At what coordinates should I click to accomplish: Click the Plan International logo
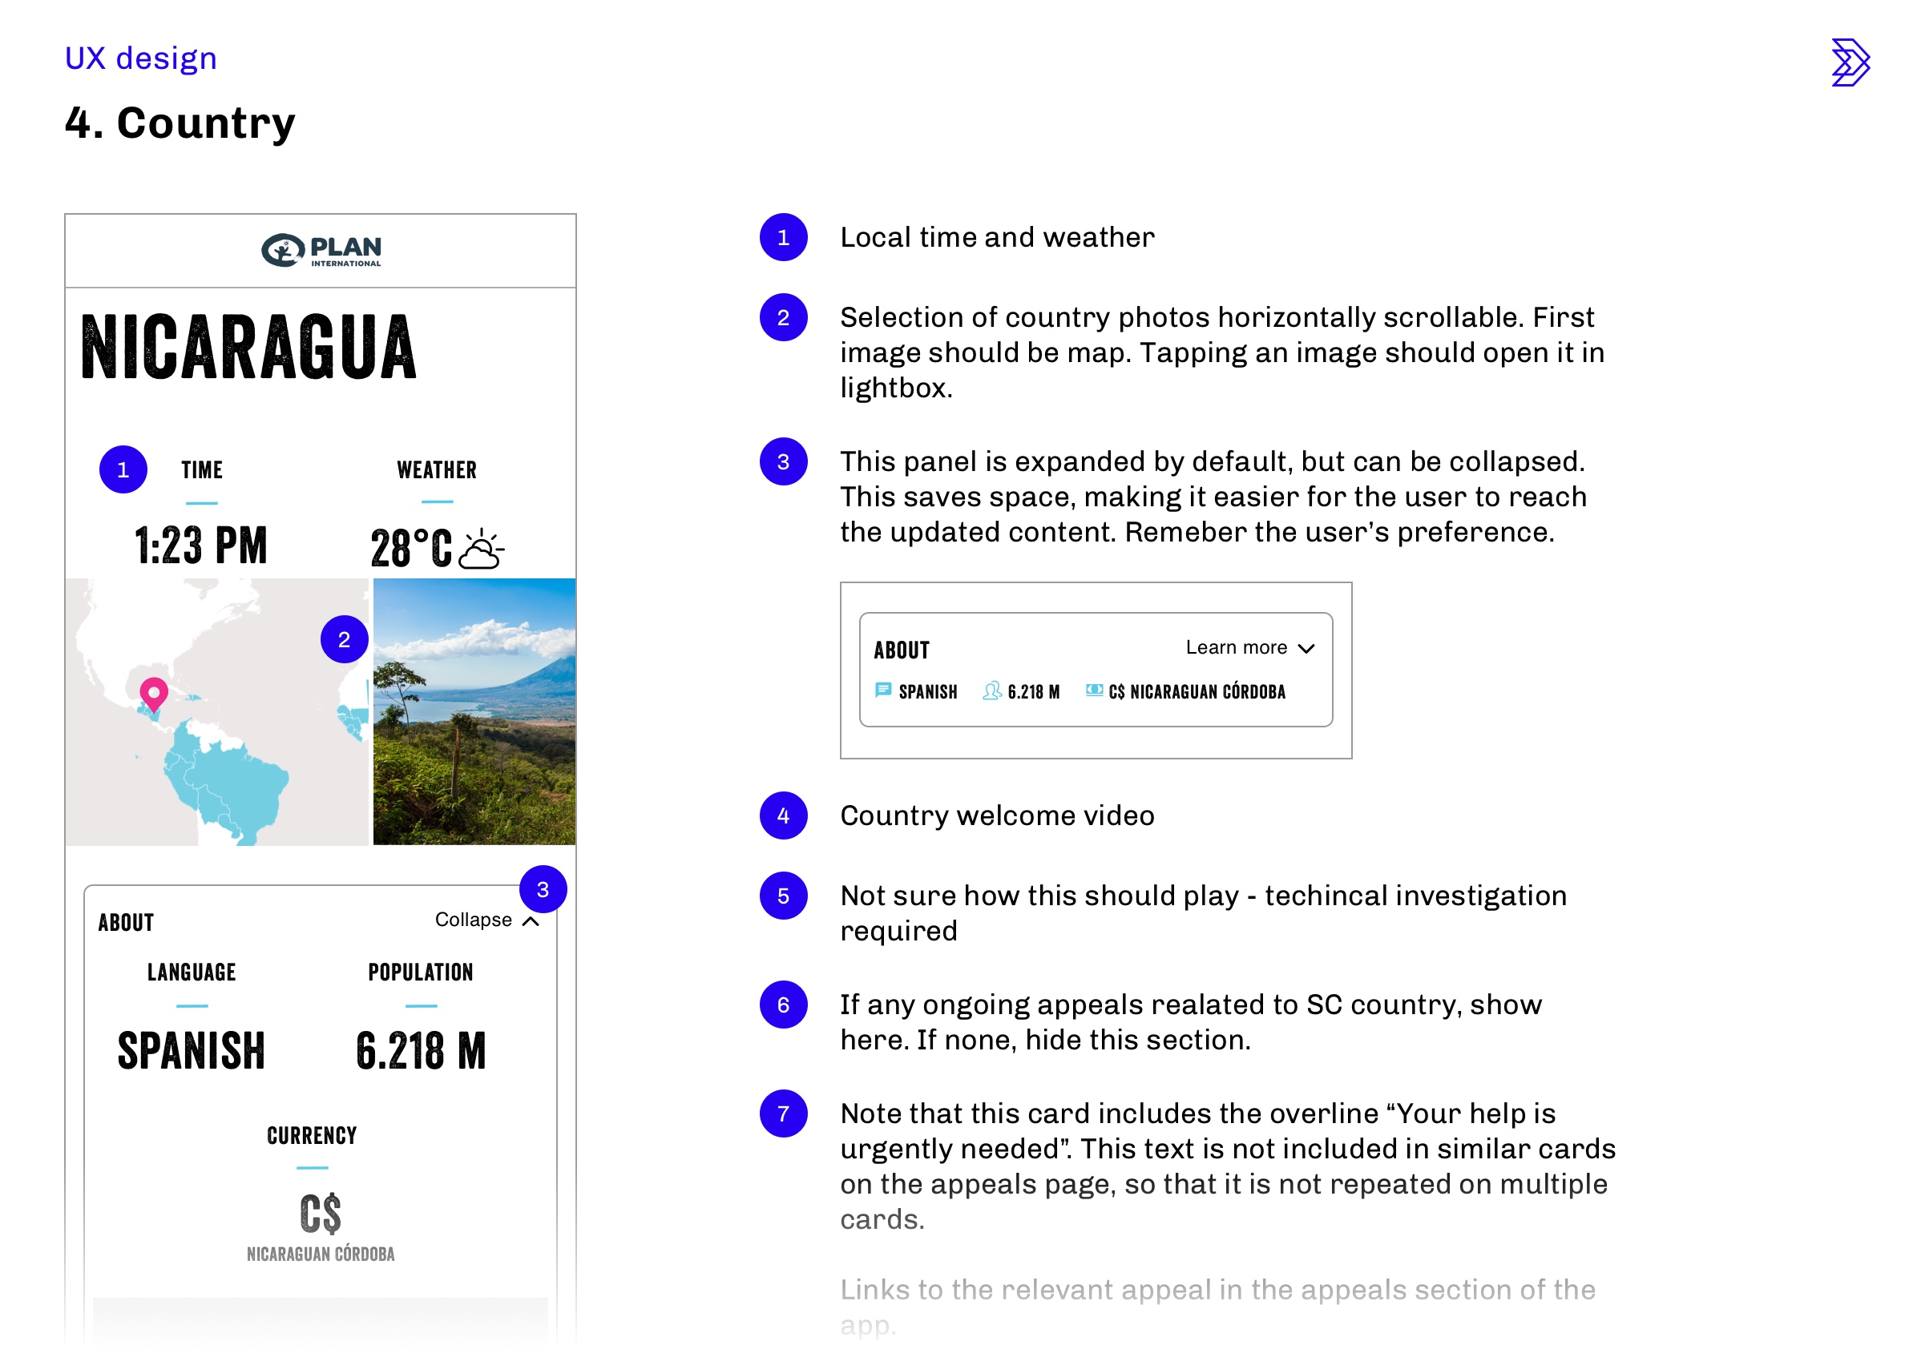pos(321,250)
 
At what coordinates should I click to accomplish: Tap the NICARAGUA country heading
pos(248,348)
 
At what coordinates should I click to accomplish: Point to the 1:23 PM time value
pos(201,546)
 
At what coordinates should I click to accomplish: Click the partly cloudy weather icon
pos(481,549)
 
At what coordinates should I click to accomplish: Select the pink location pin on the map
pos(154,692)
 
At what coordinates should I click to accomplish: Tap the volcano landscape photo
pos(474,711)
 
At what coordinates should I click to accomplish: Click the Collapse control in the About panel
pos(486,920)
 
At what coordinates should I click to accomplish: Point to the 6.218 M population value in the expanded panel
pos(421,1051)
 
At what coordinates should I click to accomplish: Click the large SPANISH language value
pos(192,1051)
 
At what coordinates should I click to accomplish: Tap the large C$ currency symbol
pos(320,1214)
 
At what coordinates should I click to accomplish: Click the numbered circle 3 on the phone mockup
pos(543,889)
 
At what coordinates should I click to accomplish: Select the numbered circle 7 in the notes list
pos(783,1113)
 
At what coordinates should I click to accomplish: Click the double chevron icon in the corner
pos(1850,62)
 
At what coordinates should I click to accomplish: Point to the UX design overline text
pos(140,58)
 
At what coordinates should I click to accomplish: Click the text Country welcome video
pos(997,815)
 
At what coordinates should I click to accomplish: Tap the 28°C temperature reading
pos(412,549)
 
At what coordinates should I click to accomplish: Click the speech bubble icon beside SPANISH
pos(883,690)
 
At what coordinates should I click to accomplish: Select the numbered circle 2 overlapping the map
pos(345,639)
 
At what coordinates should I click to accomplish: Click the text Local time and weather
pos(997,237)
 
